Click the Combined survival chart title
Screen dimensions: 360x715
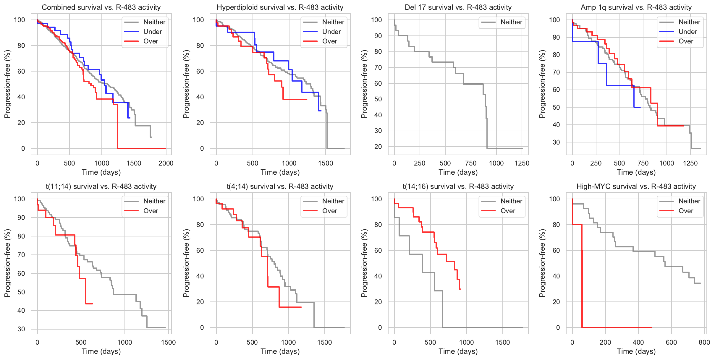coord(101,7)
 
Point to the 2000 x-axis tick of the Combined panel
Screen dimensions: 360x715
coord(166,163)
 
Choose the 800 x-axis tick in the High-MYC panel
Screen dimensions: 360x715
coord(704,342)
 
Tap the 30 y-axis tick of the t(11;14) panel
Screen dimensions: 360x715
coord(21,329)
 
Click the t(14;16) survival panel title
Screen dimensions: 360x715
coord(458,187)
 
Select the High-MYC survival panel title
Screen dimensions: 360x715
coord(636,187)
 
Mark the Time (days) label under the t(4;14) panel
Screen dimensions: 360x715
coord(280,351)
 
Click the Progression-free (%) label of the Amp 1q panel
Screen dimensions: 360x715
coord(542,84)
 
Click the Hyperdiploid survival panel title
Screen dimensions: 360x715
coord(280,7)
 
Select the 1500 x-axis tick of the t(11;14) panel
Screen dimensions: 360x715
coord(168,342)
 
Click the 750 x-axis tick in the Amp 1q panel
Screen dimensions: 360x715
coord(643,163)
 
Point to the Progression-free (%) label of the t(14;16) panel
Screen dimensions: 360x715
coord(364,263)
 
